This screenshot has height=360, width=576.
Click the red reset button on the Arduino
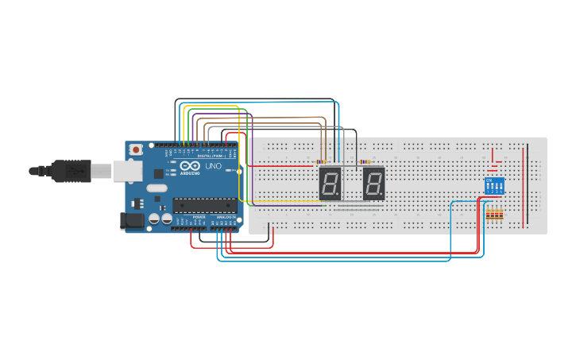[x=137, y=149]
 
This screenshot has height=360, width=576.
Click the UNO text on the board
[x=214, y=167]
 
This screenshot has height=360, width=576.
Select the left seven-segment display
[x=330, y=184]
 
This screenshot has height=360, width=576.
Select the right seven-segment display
[x=374, y=184]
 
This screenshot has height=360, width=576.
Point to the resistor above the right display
[x=366, y=162]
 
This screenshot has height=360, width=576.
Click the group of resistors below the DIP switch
[x=494, y=214]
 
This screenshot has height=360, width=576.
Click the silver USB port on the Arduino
[x=126, y=169]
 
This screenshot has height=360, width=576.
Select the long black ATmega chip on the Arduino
[x=204, y=205]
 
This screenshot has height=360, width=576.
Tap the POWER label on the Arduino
[x=199, y=217]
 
